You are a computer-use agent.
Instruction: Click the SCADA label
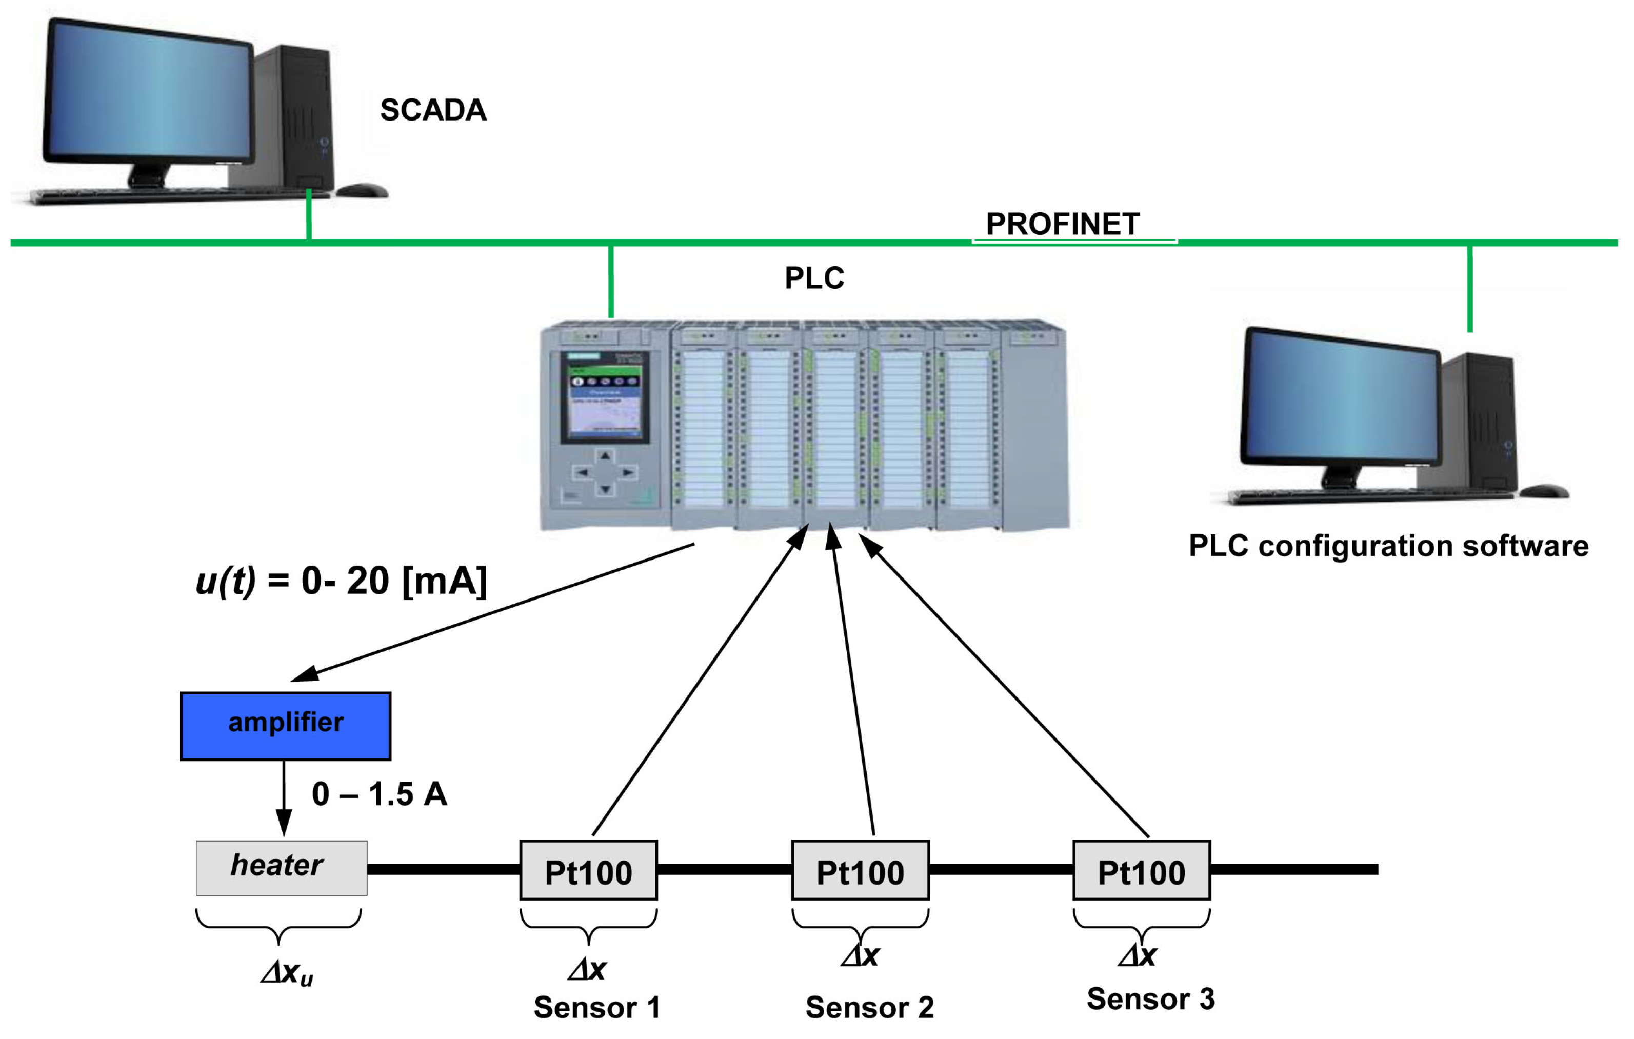433,110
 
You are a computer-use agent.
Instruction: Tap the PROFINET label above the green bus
1062,224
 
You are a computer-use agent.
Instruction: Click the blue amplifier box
286,726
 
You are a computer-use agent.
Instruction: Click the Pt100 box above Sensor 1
588,871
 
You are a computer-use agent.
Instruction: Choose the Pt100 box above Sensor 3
1141,871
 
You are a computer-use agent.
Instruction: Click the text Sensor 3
1150,998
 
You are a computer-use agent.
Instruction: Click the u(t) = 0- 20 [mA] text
342,581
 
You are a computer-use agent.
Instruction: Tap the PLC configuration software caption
1388,546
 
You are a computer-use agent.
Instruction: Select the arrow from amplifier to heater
284,797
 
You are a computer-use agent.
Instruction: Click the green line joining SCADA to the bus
309,216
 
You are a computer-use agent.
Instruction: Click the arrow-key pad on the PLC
605,472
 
